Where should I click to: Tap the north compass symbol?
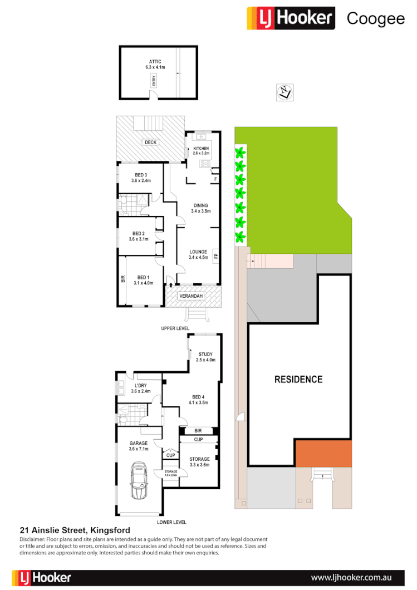285,92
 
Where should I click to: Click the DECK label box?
151,142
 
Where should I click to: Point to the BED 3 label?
141,177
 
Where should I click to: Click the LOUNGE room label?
198,254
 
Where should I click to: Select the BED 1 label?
143,280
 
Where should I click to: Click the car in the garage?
138,482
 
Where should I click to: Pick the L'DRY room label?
141,388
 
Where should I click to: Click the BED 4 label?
198,399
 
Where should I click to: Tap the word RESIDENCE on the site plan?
298,380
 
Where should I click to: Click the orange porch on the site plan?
323,454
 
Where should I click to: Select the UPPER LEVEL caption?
175,328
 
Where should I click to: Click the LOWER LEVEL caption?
171,522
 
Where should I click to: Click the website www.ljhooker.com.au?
359,577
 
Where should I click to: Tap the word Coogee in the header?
376,18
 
